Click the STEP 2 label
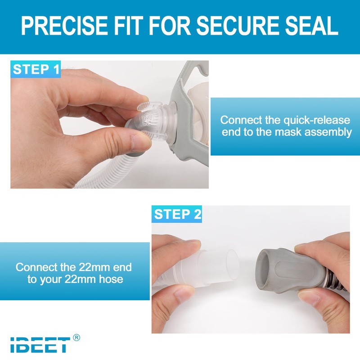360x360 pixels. (x=177, y=214)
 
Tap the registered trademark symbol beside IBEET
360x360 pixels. (x=76, y=337)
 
